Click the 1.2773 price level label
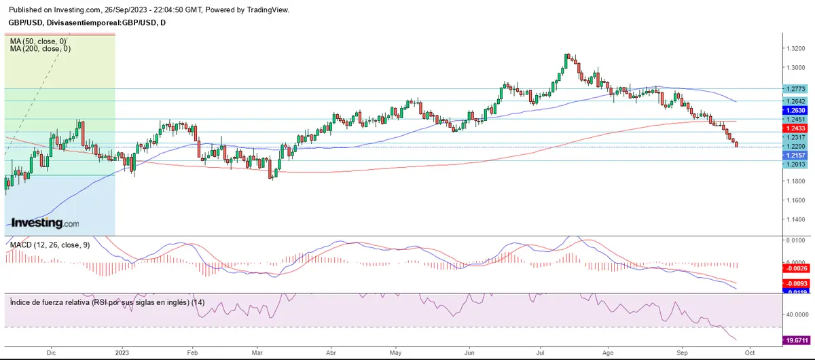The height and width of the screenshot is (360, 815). point(795,89)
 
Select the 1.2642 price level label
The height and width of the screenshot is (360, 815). point(795,101)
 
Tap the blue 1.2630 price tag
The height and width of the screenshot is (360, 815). point(795,111)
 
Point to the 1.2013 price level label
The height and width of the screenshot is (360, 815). point(795,164)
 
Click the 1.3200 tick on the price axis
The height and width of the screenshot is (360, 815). point(796,49)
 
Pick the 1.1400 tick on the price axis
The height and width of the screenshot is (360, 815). point(796,219)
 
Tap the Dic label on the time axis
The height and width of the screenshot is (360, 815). point(52,353)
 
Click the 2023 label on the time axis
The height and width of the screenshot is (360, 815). point(122,353)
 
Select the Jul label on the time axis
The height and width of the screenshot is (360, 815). point(541,353)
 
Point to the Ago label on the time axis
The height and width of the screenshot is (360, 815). point(608,353)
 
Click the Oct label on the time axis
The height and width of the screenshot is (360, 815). point(747,353)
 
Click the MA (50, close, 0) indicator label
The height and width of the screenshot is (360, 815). point(38,41)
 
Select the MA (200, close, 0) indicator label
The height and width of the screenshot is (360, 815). point(40,49)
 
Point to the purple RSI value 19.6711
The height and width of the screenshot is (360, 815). point(795,340)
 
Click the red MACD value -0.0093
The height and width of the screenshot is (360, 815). point(795,283)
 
